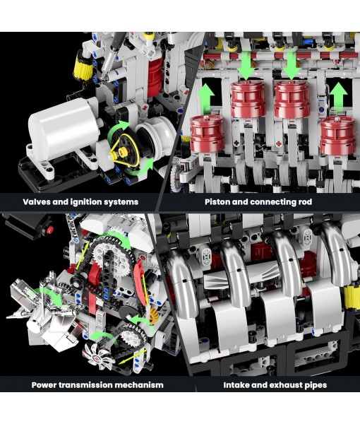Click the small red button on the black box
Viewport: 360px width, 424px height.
click(51, 228)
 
